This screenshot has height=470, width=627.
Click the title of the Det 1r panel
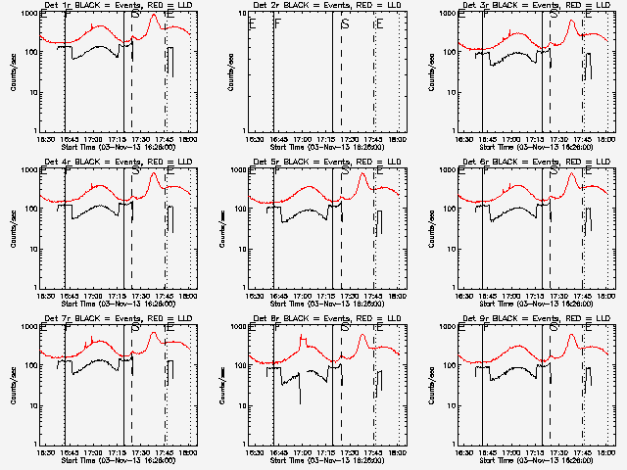coord(116,6)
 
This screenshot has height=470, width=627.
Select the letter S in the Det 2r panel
coord(346,23)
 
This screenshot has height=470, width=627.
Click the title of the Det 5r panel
coord(325,163)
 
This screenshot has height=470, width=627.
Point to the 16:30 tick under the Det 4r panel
coord(46,297)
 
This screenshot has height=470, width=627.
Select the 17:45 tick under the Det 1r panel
coord(167,140)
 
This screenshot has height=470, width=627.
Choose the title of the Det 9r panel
coord(535,319)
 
